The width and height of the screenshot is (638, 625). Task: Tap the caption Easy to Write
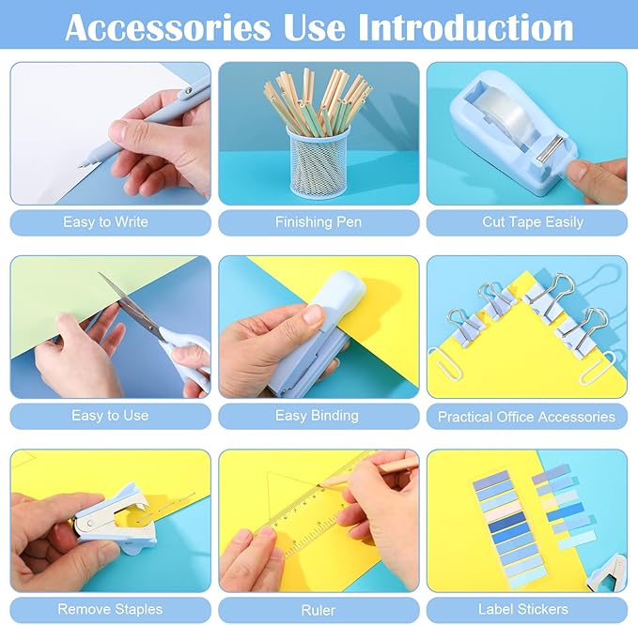tap(105, 222)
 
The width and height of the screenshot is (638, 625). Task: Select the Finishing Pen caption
tap(318, 222)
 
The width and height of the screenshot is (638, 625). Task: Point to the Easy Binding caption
tap(317, 416)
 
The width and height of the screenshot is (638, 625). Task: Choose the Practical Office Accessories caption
tap(526, 417)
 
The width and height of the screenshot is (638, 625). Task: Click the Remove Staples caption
tap(110, 609)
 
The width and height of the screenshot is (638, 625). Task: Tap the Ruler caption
tap(319, 610)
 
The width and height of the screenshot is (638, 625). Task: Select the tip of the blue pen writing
tap(81, 164)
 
